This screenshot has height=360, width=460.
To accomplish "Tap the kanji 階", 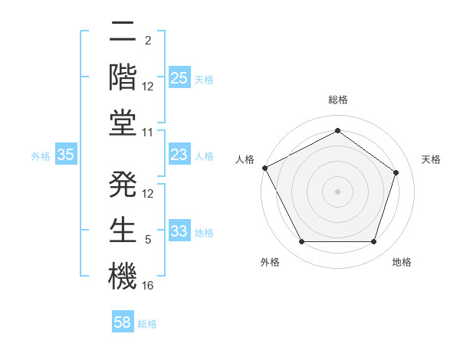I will (123, 76).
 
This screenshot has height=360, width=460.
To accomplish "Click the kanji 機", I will (123, 274).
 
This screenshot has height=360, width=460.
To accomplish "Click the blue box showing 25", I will (179, 77).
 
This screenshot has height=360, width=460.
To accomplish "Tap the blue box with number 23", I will (179, 155).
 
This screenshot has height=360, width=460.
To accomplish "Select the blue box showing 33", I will (179, 232).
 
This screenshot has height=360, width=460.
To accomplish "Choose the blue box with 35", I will (66, 155).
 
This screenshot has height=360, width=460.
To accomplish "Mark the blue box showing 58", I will (123, 322).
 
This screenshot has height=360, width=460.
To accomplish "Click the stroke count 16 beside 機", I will (149, 286).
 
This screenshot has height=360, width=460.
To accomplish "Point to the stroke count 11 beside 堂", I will (149, 133).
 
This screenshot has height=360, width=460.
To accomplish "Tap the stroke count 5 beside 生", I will (148, 240).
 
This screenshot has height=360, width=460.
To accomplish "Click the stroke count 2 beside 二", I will (148, 40).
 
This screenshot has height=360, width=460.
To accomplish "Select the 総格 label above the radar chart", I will (337, 100).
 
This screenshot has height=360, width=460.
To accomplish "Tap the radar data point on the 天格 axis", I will (396, 172).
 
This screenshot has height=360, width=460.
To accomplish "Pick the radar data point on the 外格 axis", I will (301, 242).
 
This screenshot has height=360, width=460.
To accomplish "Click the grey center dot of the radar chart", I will (337, 191).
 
